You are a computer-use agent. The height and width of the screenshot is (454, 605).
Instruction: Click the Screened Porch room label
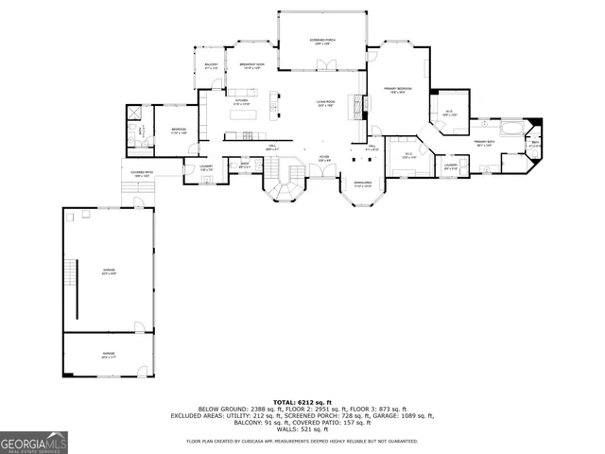(x=323, y=42)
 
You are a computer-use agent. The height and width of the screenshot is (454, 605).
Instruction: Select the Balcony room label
(x=212, y=66)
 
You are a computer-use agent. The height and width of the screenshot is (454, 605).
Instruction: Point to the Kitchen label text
(x=241, y=102)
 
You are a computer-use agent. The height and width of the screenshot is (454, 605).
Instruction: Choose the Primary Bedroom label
(x=395, y=91)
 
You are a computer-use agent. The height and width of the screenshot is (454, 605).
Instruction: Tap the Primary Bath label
(x=484, y=144)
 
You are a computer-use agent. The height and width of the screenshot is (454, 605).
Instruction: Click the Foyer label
(x=324, y=159)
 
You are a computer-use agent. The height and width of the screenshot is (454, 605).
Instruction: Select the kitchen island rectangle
(x=273, y=99)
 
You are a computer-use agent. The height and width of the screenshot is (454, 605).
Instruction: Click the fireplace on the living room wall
(x=355, y=104)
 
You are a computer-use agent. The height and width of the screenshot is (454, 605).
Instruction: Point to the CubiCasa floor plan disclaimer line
(x=302, y=441)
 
